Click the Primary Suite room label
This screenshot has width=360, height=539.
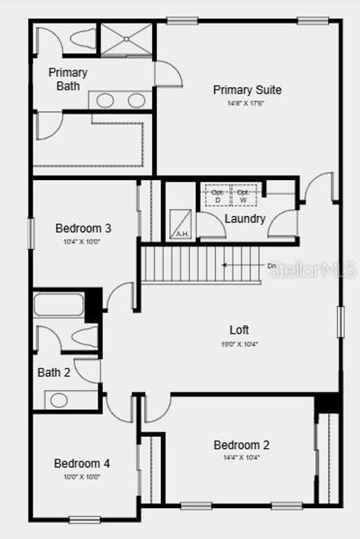pyautogui.click(x=247, y=90)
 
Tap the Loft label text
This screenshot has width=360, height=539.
pyautogui.click(x=239, y=330)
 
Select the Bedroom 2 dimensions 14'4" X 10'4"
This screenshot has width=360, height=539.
pyautogui.click(x=242, y=457)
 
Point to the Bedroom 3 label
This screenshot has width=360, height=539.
pyautogui.click(x=83, y=228)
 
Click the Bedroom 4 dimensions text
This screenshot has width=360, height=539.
pyautogui.click(x=82, y=477)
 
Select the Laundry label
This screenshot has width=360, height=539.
pyautogui.click(x=245, y=219)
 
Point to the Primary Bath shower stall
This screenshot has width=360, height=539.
pyautogui.click(x=127, y=39)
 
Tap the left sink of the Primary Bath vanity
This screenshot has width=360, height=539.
pyautogui.click(x=105, y=101)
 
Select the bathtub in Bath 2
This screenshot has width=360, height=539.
pyautogui.click(x=59, y=304)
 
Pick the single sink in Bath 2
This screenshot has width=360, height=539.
pyautogui.click(x=59, y=400)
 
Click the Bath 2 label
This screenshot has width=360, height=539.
pyautogui.click(x=54, y=372)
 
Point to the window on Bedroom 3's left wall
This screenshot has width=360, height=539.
pyautogui.click(x=31, y=233)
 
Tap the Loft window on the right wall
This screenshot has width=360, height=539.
pyautogui.click(x=340, y=322)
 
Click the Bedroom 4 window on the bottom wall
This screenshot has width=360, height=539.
pyautogui.click(x=84, y=519)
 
